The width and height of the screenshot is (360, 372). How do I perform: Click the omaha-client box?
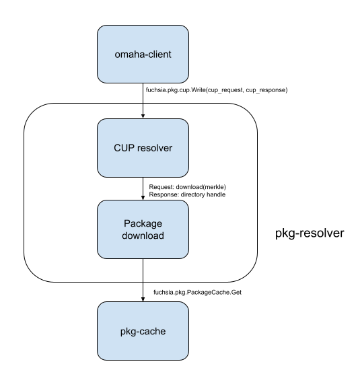(143, 54)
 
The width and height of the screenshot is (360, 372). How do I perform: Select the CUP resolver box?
(143, 148)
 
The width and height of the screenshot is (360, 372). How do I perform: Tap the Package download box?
(143, 229)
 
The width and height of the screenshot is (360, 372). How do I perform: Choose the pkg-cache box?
(143, 331)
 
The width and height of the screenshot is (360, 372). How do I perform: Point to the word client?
(159, 54)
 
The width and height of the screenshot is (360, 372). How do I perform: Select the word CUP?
(124, 148)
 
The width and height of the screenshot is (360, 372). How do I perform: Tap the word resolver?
(154, 148)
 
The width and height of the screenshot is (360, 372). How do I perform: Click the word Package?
(143, 223)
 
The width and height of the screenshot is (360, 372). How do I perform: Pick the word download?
(143, 235)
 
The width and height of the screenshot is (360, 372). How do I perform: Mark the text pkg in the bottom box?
(128, 332)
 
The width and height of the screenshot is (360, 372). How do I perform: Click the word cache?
(153, 332)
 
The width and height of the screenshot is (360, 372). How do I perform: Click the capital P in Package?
(127, 223)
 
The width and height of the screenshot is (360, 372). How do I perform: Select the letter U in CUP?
(124, 148)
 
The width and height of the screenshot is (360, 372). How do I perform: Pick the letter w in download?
(139, 235)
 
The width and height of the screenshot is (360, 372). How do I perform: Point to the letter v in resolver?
(160, 148)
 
